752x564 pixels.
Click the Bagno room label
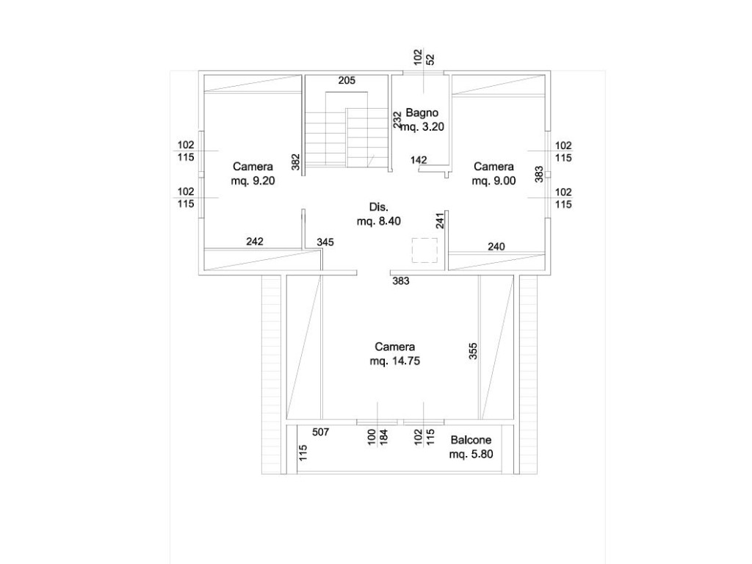(422, 112)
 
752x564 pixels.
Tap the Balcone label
(471, 440)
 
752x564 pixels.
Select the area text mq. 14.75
(394, 361)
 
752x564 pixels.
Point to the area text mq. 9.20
(253, 181)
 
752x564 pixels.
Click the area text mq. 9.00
(493, 181)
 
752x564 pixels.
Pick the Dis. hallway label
(378, 207)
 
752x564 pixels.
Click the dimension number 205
(347, 81)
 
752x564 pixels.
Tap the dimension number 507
(320, 432)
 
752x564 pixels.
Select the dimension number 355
(473, 351)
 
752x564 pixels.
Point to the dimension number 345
(325, 242)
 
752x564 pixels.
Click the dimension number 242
(255, 241)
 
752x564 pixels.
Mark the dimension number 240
(496, 247)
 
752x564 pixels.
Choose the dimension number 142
(419, 159)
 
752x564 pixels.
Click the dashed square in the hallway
(424, 250)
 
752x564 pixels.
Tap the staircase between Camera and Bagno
(347, 129)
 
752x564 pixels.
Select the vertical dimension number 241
(441, 220)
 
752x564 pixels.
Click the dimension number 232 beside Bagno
(397, 120)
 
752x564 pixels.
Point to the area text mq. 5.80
(471, 454)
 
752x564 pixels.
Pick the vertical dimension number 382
(296, 162)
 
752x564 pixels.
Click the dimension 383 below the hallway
(401, 281)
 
